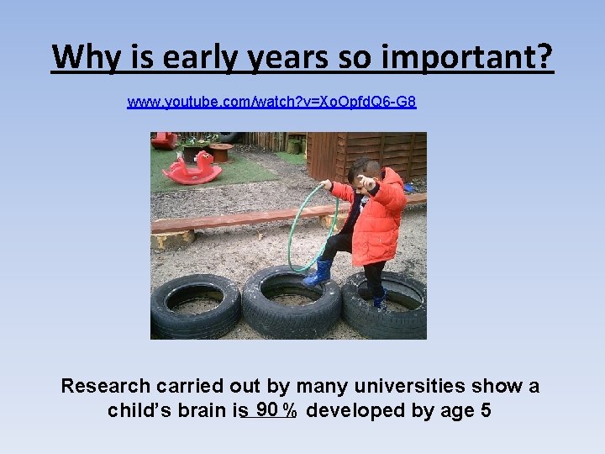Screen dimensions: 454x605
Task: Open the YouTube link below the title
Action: (271, 103)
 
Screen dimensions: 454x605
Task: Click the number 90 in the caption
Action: (267, 409)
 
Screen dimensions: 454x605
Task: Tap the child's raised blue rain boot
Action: (318, 273)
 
